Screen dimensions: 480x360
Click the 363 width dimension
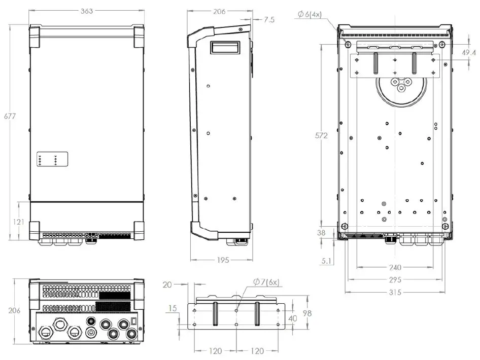(x=87, y=11)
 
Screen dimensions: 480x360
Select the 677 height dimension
(x=10, y=116)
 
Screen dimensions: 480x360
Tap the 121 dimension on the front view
(x=19, y=222)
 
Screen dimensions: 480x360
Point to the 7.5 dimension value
(x=269, y=20)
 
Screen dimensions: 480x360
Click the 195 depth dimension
(x=223, y=260)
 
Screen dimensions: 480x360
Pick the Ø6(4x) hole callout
(x=310, y=14)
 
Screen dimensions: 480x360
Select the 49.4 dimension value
(x=469, y=53)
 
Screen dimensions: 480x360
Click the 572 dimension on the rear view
(x=321, y=135)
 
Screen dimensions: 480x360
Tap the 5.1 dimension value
(x=326, y=261)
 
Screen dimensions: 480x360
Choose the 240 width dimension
(x=395, y=268)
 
